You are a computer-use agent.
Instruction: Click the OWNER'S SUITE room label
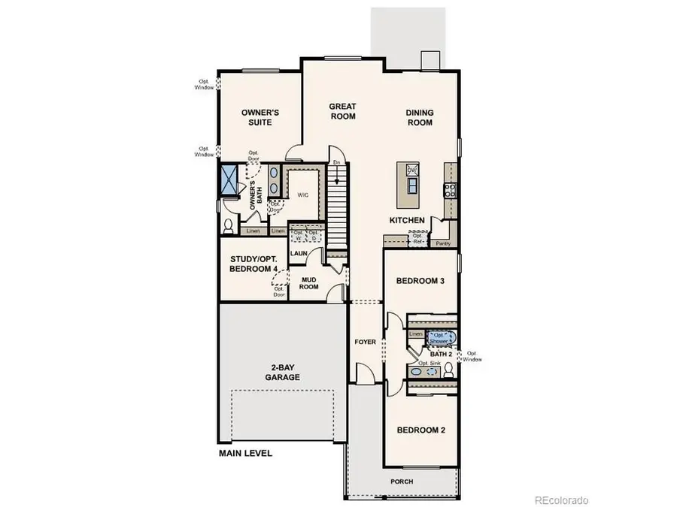[260, 117]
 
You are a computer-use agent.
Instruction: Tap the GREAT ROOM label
[342, 111]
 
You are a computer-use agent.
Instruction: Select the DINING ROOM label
[420, 117]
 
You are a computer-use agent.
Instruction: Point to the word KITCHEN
[407, 220]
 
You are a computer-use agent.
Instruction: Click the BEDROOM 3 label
[421, 281]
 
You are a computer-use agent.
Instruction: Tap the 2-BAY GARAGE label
[282, 373]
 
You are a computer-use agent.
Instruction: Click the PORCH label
[402, 481]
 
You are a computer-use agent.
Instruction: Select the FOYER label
[365, 342]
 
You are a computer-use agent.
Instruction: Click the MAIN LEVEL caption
[245, 454]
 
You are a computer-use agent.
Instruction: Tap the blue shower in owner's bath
[228, 180]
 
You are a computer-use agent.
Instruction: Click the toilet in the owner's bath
[228, 225]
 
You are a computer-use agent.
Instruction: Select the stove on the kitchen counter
[450, 190]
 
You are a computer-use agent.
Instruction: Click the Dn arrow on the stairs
[337, 162]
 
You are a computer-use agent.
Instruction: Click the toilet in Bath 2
[448, 370]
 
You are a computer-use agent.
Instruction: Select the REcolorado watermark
[561, 500]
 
